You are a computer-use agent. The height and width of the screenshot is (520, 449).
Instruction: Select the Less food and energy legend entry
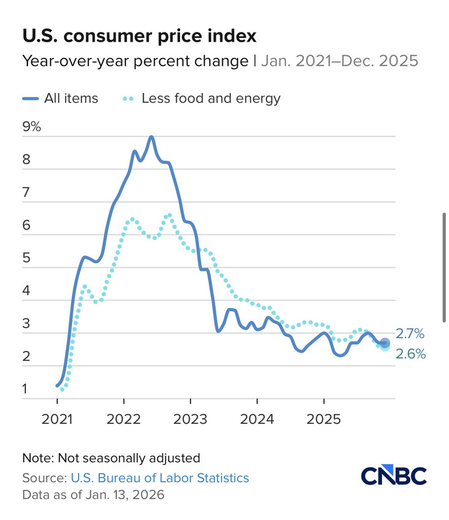click(x=202, y=99)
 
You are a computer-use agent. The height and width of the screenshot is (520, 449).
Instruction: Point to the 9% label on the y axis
click(x=31, y=127)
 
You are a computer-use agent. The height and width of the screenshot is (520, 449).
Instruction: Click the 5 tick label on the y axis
click(x=26, y=258)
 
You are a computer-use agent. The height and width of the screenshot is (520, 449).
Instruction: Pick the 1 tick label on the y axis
click(x=25, y=390)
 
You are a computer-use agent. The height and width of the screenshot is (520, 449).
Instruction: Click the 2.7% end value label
click(x=410, y=334)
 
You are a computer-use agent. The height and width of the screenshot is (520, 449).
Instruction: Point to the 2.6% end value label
click(x=410, y=354)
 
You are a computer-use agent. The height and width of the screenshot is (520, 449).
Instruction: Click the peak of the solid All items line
click(x=151, y=136)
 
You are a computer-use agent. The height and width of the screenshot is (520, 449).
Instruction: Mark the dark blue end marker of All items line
click(x=384, y=343)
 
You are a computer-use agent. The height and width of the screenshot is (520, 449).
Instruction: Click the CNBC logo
click(x=394, y=476)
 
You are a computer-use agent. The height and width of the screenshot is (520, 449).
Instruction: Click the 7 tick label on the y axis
click(x=26, y=192)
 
